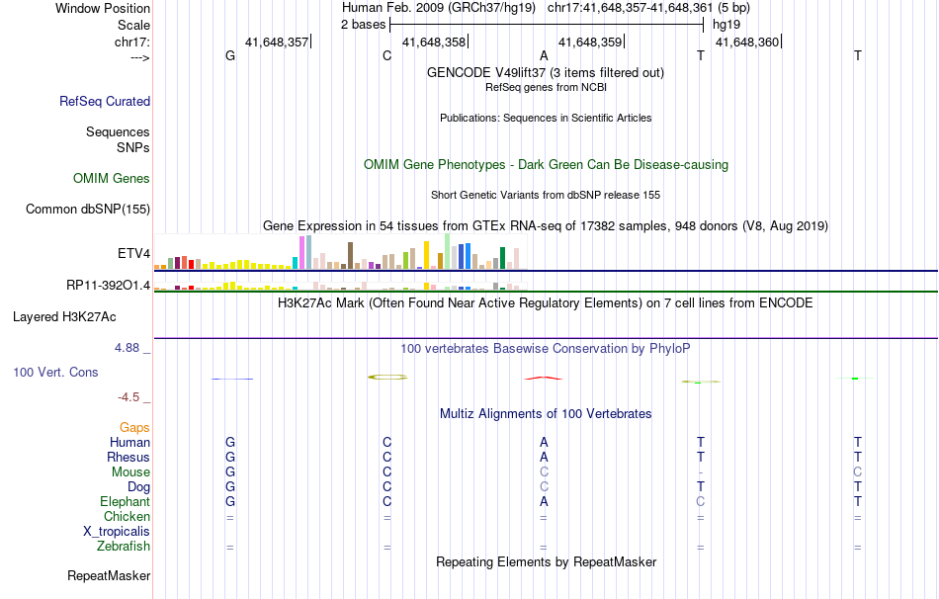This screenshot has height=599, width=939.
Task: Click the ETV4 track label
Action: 133,254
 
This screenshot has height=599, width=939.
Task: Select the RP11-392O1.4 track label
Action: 108,285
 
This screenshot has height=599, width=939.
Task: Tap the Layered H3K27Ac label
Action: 64,317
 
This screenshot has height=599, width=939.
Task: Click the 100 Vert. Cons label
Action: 56,373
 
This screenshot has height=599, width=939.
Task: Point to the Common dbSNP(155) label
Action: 88,209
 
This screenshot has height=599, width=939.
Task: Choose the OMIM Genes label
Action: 112,179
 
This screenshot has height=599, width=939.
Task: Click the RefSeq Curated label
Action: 105,101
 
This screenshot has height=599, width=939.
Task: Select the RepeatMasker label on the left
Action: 109,576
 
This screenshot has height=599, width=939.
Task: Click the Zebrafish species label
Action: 124,546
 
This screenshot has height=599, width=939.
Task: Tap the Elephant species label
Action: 125,501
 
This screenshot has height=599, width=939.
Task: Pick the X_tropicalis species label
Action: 117,531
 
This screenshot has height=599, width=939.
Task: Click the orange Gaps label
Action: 134,427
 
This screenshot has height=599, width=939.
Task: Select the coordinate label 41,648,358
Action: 434,43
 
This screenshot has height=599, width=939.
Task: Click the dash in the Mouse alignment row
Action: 701,472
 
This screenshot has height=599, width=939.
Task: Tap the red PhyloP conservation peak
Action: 543,378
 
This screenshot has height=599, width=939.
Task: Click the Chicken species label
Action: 127,516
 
